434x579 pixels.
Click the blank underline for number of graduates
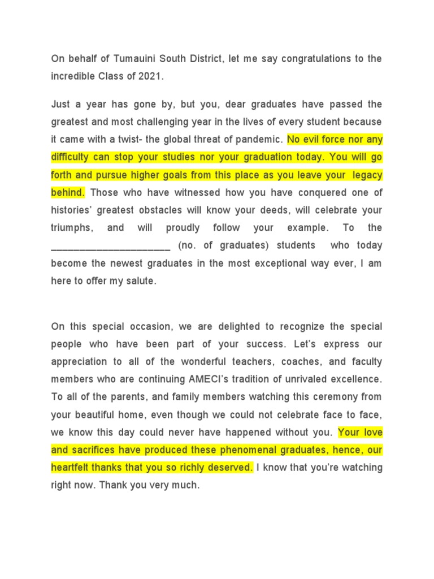click(111, 246)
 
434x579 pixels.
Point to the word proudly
click(183, 228)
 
